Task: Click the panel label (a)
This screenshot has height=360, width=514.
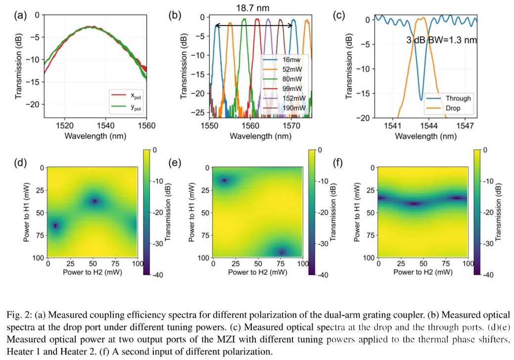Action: pyautogui.click(x=21, y=15)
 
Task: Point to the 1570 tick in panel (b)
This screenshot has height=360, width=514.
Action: pyautogui.click(x=292, y=126)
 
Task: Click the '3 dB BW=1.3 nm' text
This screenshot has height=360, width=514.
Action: pyautogui.click(x=442, y=40)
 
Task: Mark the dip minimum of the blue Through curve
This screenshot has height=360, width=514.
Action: pyautogui.click(x=421, y=100)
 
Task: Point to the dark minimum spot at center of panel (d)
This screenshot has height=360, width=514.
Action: pyautogui.click(x=94, y=201)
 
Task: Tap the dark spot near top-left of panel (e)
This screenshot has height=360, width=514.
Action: pyautogui.click(x=225, y=180)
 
